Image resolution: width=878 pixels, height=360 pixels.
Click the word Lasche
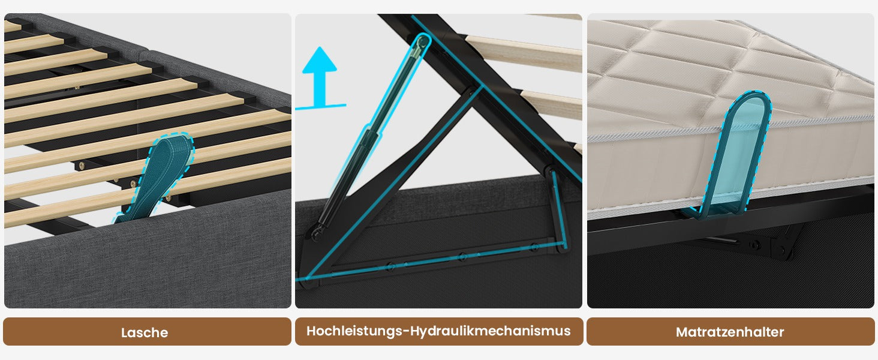coord(145,332)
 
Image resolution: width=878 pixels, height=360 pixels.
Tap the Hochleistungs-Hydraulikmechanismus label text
coord(438,331)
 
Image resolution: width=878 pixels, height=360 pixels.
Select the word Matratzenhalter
coord(730,332)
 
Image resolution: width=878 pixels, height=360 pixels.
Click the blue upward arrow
coord(320,76)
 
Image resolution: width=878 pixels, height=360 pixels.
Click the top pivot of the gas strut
coord(422,42)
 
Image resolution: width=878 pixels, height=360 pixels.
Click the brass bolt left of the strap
coord(81,166)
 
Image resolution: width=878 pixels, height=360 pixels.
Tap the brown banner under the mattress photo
coord(730,332)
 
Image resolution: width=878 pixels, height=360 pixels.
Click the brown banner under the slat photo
coord(147,332)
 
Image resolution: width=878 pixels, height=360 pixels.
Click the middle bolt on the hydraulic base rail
coord(462,257)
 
